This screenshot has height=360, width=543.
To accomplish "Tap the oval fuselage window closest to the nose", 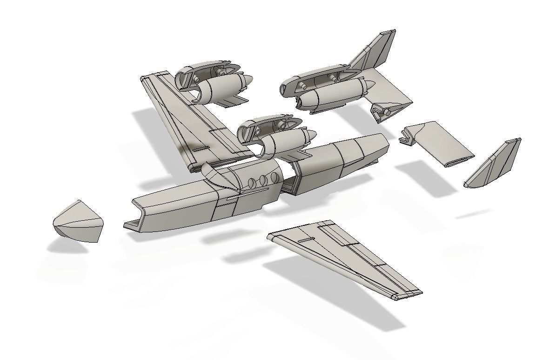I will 253,183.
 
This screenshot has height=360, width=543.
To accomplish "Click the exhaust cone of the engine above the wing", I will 247,82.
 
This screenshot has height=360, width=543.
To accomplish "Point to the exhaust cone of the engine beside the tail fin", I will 369,86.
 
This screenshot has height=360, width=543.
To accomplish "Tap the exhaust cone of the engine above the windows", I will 308,136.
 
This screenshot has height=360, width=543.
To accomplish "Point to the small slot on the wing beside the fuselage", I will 199,149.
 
